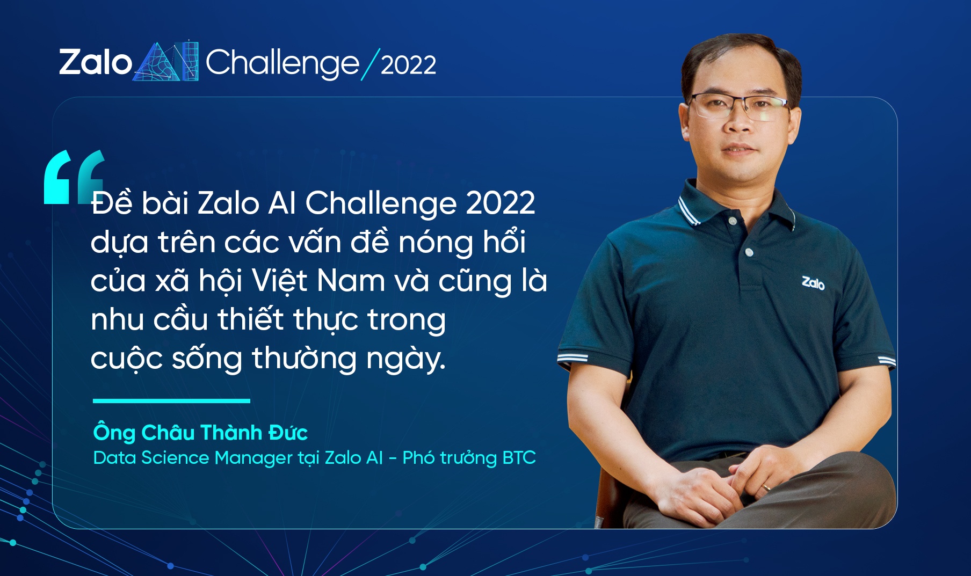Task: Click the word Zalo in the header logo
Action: (x=95, y=62)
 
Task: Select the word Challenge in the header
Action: (x=282, y=63)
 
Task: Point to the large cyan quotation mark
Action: (x=73, y=177)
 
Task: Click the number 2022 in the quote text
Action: (x=500, y=203)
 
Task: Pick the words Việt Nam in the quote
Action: (x=318, y=281)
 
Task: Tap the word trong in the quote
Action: (x=407, y=320)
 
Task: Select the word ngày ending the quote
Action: (x=404, y=359)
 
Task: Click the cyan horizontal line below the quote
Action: (x=171, y=400)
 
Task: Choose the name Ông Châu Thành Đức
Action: (x=200, y=433)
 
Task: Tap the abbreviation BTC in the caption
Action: (x=519, y=458)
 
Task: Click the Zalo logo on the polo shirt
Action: (x=813, y=282)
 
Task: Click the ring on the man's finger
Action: (x=767, y=487)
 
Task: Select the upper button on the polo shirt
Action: (x=733, y=221)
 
